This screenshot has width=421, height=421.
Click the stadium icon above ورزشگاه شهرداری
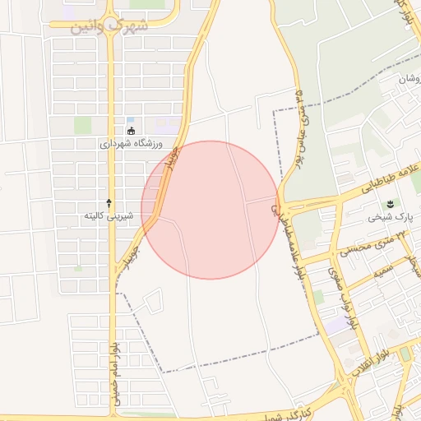click(130, 131)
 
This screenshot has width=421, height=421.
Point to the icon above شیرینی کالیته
click(109, 202)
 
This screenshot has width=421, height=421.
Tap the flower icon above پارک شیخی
click(391, 204)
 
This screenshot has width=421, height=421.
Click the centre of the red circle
click(210, 210)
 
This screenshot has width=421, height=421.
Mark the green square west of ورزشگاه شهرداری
click(82, 125)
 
